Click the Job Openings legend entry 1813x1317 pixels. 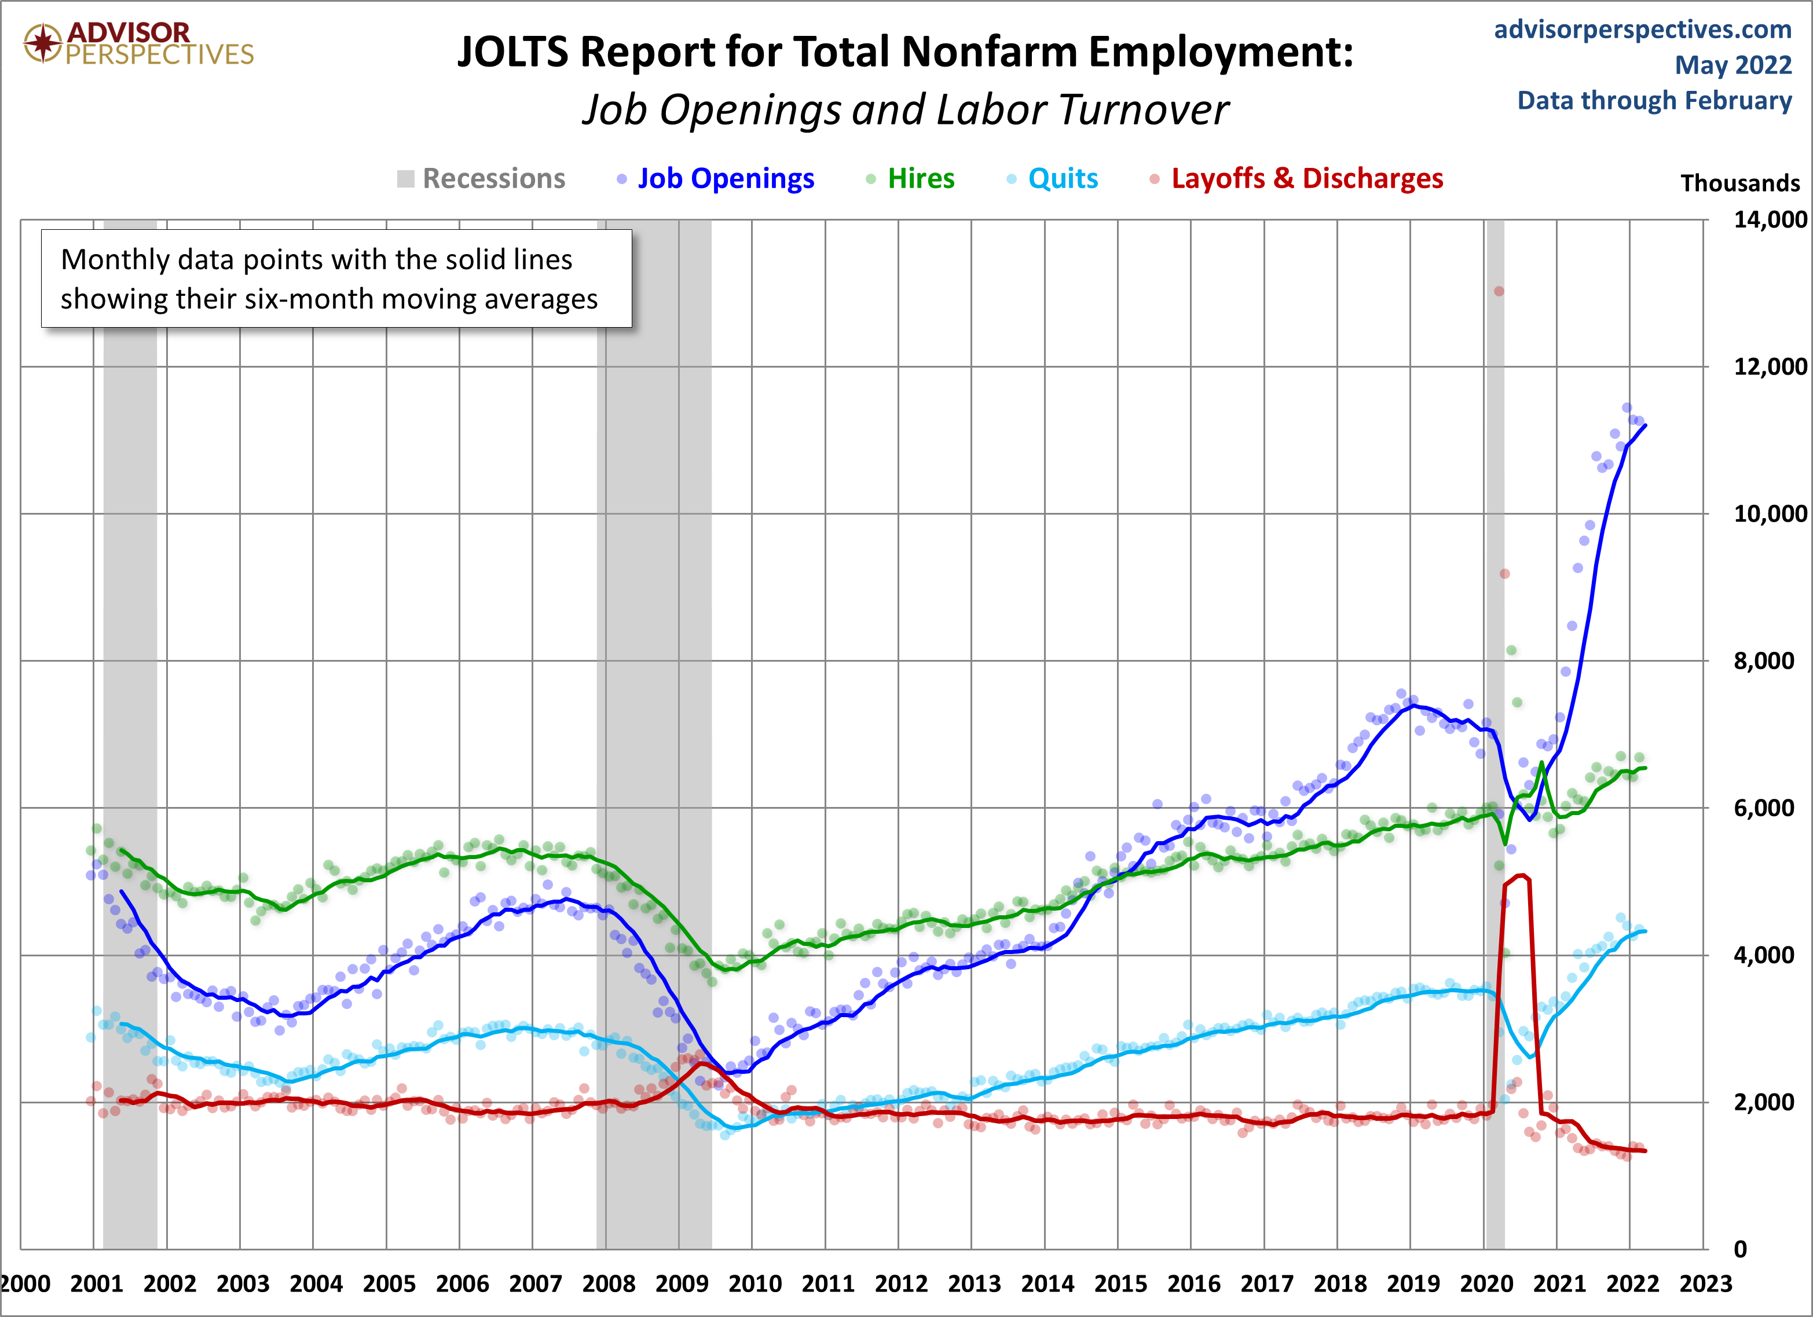tap(725, 178)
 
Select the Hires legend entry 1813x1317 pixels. tap(921, 178)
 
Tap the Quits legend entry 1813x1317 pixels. tap(1063, 178)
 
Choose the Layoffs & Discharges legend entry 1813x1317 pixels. tap(1307, 178)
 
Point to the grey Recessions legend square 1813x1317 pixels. tap(406, 179)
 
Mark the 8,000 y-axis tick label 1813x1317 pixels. tap(1763, 661)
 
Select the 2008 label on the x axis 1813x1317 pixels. tap(609, 1284)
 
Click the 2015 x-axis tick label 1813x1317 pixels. tap(1120, 1284)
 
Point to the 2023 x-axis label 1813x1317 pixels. tap(1706, 1284)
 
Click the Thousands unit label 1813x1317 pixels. tap(1739, 183)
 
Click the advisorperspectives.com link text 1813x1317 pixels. tap(1643, 30)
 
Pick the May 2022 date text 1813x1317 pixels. tap(1733, 65)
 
